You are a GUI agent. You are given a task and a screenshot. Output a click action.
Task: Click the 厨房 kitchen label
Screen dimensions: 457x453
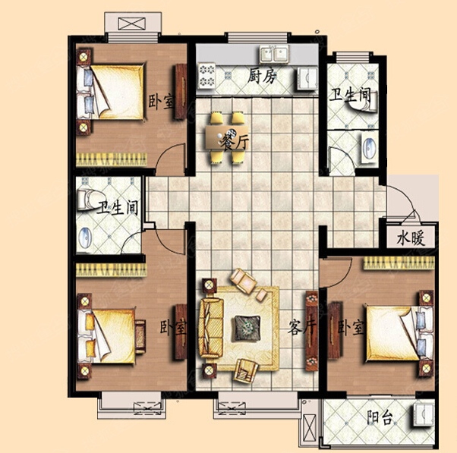pyautogui.click(x=261, y=77)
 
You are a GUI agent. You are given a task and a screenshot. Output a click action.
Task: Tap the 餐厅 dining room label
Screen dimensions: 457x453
pyautogui.click(x=234, y=142)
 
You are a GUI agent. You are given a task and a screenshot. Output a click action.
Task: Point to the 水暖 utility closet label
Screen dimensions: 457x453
pyautogui.click(x=411, y=238)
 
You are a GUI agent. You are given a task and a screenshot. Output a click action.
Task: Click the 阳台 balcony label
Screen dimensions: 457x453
pyautogui.click(x=379, y=418)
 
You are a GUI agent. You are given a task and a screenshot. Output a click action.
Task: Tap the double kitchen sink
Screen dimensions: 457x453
pyautogui.click(x=274, y=54)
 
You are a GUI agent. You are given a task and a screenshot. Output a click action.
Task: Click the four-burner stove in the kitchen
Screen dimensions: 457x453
pyautogui.click(x=206, y=77)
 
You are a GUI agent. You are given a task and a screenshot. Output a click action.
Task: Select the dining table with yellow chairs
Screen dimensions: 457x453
pyautogui.click(x=227, y=137)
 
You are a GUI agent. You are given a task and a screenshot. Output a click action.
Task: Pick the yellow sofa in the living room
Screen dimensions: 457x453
pyautogui.click(x=211, y=328)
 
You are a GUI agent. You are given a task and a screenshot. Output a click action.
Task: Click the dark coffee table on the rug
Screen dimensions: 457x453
pyautogui.click(x=247, y=329)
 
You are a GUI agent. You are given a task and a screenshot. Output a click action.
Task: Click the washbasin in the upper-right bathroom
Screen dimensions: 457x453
pyautogui.click(x=370, y=148)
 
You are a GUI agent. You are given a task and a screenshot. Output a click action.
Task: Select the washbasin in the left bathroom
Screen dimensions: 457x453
pyautogui.click(x=85, y=237)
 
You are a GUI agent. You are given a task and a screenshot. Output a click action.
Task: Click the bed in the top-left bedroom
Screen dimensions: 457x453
pyautogui.click(x=111, y=92)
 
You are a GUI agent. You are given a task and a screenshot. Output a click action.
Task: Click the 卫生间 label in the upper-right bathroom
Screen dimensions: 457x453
pyautogui.click(x=350, y=96)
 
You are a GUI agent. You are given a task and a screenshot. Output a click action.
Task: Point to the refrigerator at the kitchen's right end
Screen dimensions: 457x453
pyautogui.click(x=307, y=78)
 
